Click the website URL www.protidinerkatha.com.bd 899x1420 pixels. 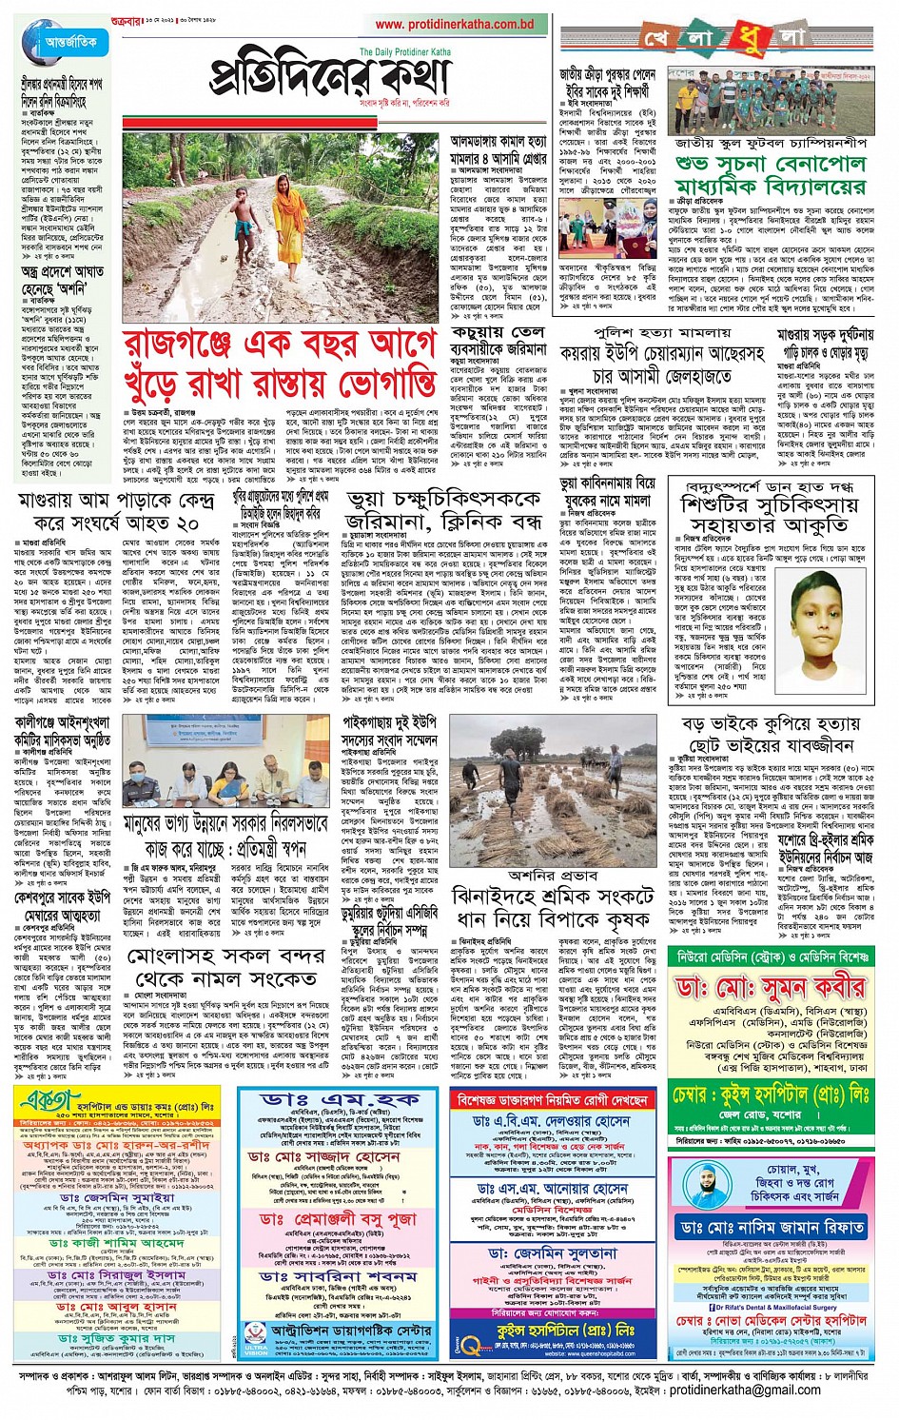pos(454,25)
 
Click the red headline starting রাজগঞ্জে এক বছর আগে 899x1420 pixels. pos(281,363)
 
